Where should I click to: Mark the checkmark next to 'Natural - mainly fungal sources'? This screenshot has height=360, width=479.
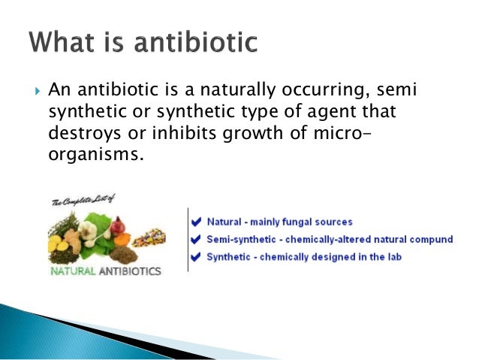pos(197,222)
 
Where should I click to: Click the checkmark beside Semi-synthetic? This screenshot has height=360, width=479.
pos(197,240)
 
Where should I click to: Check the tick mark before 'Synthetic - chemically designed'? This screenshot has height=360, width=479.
pos(197,257)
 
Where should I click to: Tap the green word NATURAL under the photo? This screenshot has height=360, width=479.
pos(74,271)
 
